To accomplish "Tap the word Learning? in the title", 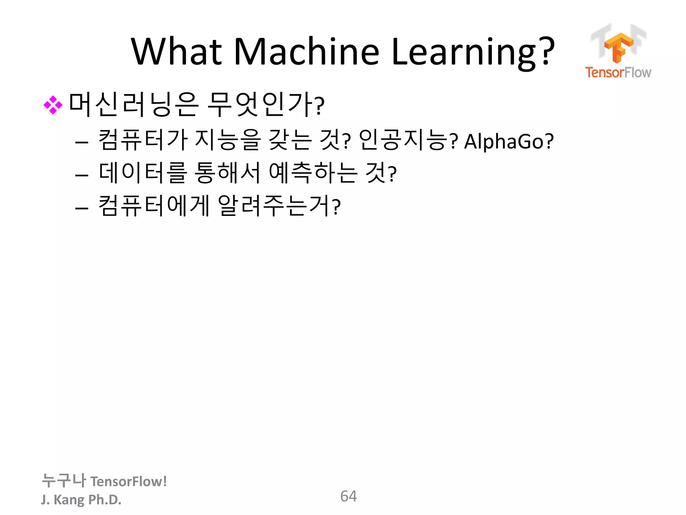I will (473, 52).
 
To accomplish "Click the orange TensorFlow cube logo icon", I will (619, 47).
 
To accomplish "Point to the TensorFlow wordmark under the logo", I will (618, 72).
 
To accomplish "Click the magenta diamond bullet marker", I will (53, 105).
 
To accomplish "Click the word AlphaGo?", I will (508, 141).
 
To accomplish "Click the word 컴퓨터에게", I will (154, 206).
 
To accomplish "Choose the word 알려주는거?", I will (279, 206).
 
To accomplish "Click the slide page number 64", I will (348, 496).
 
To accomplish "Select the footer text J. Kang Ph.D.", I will (81, 500).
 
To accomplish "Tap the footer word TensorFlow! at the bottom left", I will (129, 481).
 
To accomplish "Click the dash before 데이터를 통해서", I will (82, 175).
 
